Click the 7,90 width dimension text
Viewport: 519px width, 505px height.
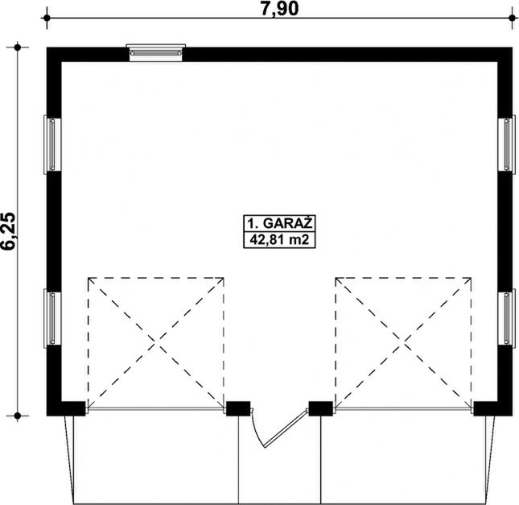point(280,9)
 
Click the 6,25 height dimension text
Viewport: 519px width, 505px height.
point(9,231)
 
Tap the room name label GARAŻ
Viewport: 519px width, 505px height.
point(287,223)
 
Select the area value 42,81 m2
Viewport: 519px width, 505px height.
point(280,239)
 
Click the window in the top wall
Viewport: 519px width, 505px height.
point(156,52)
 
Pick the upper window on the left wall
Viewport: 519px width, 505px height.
point(52,144)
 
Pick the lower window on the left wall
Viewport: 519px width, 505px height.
point(52,318)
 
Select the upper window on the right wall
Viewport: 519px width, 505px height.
point(507,144)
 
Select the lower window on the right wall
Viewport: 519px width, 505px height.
point(507,318)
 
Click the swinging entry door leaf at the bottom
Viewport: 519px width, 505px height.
point(285,428)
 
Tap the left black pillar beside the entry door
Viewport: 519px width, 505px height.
point(238,408)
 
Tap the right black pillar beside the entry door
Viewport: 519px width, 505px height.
point(321,408)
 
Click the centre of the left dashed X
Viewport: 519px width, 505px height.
point(156,341)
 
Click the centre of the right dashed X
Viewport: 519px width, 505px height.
point(403,341)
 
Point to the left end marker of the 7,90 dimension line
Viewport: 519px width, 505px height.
point(47,18)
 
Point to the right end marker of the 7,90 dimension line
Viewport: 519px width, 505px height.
point(512,18)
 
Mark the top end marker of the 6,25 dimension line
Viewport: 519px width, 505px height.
point(18,48)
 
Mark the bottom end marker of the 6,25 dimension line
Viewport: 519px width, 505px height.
point(18,416)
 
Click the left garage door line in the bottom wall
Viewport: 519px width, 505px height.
point(156,410)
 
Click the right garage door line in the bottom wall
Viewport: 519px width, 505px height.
point(403,410)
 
